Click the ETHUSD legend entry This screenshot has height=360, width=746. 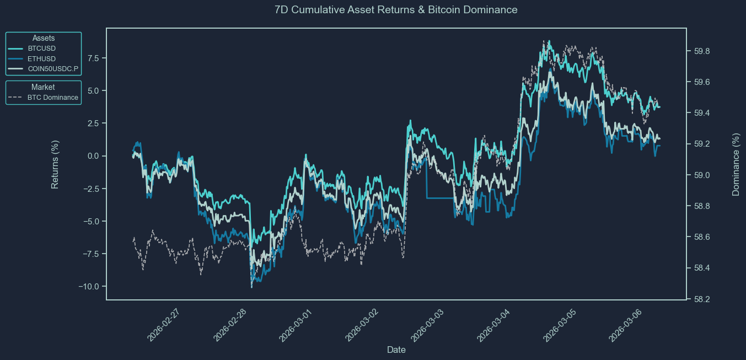(42, 59)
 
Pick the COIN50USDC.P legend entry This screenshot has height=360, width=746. (53, 69)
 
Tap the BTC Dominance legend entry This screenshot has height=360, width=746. (52, 98)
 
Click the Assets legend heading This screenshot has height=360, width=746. (44, 38)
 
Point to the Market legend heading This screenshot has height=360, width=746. (43, 87)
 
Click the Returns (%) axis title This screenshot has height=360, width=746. (55, 164)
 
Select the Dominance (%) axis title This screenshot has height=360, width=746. (736, 164)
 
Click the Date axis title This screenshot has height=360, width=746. (396, 350)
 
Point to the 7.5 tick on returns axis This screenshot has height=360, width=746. (93, 58)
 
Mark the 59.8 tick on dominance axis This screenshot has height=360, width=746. (701, 51)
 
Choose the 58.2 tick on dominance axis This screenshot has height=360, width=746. (701, 299)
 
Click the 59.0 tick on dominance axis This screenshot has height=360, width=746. (701, 175)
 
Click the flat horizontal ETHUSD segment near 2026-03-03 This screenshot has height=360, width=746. (440, 197)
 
